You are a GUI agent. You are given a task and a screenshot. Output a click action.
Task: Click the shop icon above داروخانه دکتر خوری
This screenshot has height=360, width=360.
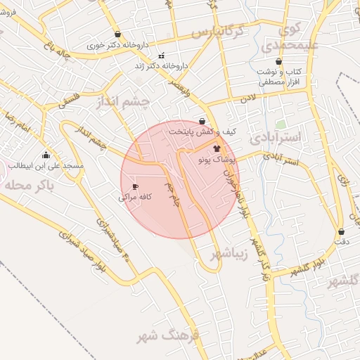point(117,34)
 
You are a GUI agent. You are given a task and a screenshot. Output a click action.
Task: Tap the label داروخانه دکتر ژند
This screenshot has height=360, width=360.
point(163,65)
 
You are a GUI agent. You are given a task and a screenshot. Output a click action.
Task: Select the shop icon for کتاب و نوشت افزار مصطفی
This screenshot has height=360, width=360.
point(279,62)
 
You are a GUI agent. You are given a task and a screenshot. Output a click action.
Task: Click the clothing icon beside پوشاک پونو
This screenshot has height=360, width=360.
point(217,148)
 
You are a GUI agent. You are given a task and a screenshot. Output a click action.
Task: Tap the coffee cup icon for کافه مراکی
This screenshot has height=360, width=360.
point(135,187)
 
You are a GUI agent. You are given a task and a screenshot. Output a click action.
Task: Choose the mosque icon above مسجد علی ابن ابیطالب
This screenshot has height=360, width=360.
point(46,155)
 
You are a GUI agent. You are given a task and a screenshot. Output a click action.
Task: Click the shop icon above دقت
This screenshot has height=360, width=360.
point(342,231)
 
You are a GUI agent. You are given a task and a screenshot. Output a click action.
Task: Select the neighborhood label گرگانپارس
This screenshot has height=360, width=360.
point(217,32)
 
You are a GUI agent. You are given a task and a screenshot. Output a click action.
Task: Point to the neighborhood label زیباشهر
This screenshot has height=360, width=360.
point(232,253)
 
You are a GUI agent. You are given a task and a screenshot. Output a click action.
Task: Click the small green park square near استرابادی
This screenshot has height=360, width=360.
point(281,124)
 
